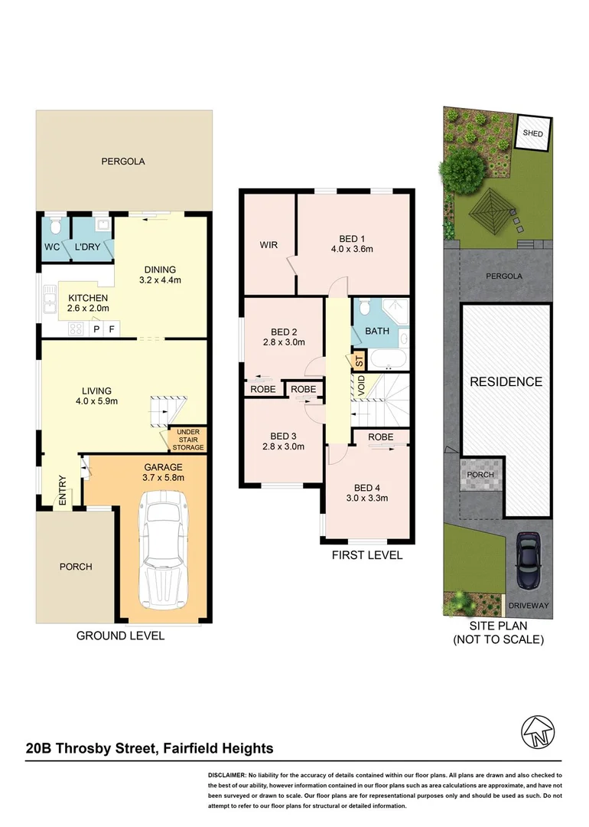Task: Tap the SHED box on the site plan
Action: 532,133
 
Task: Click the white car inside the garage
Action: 161,548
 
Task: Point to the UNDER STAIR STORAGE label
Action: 187,440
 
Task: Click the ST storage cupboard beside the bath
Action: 357,362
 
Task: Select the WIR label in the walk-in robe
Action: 268,245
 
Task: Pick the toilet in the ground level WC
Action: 54,227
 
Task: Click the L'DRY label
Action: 88,247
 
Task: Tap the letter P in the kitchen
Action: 97,329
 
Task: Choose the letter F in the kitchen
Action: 112,329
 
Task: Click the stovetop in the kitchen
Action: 77,329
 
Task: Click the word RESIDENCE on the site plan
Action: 506,381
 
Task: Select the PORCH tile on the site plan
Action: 482,475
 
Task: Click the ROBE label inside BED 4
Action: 380,437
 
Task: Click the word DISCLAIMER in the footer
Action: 227,776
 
